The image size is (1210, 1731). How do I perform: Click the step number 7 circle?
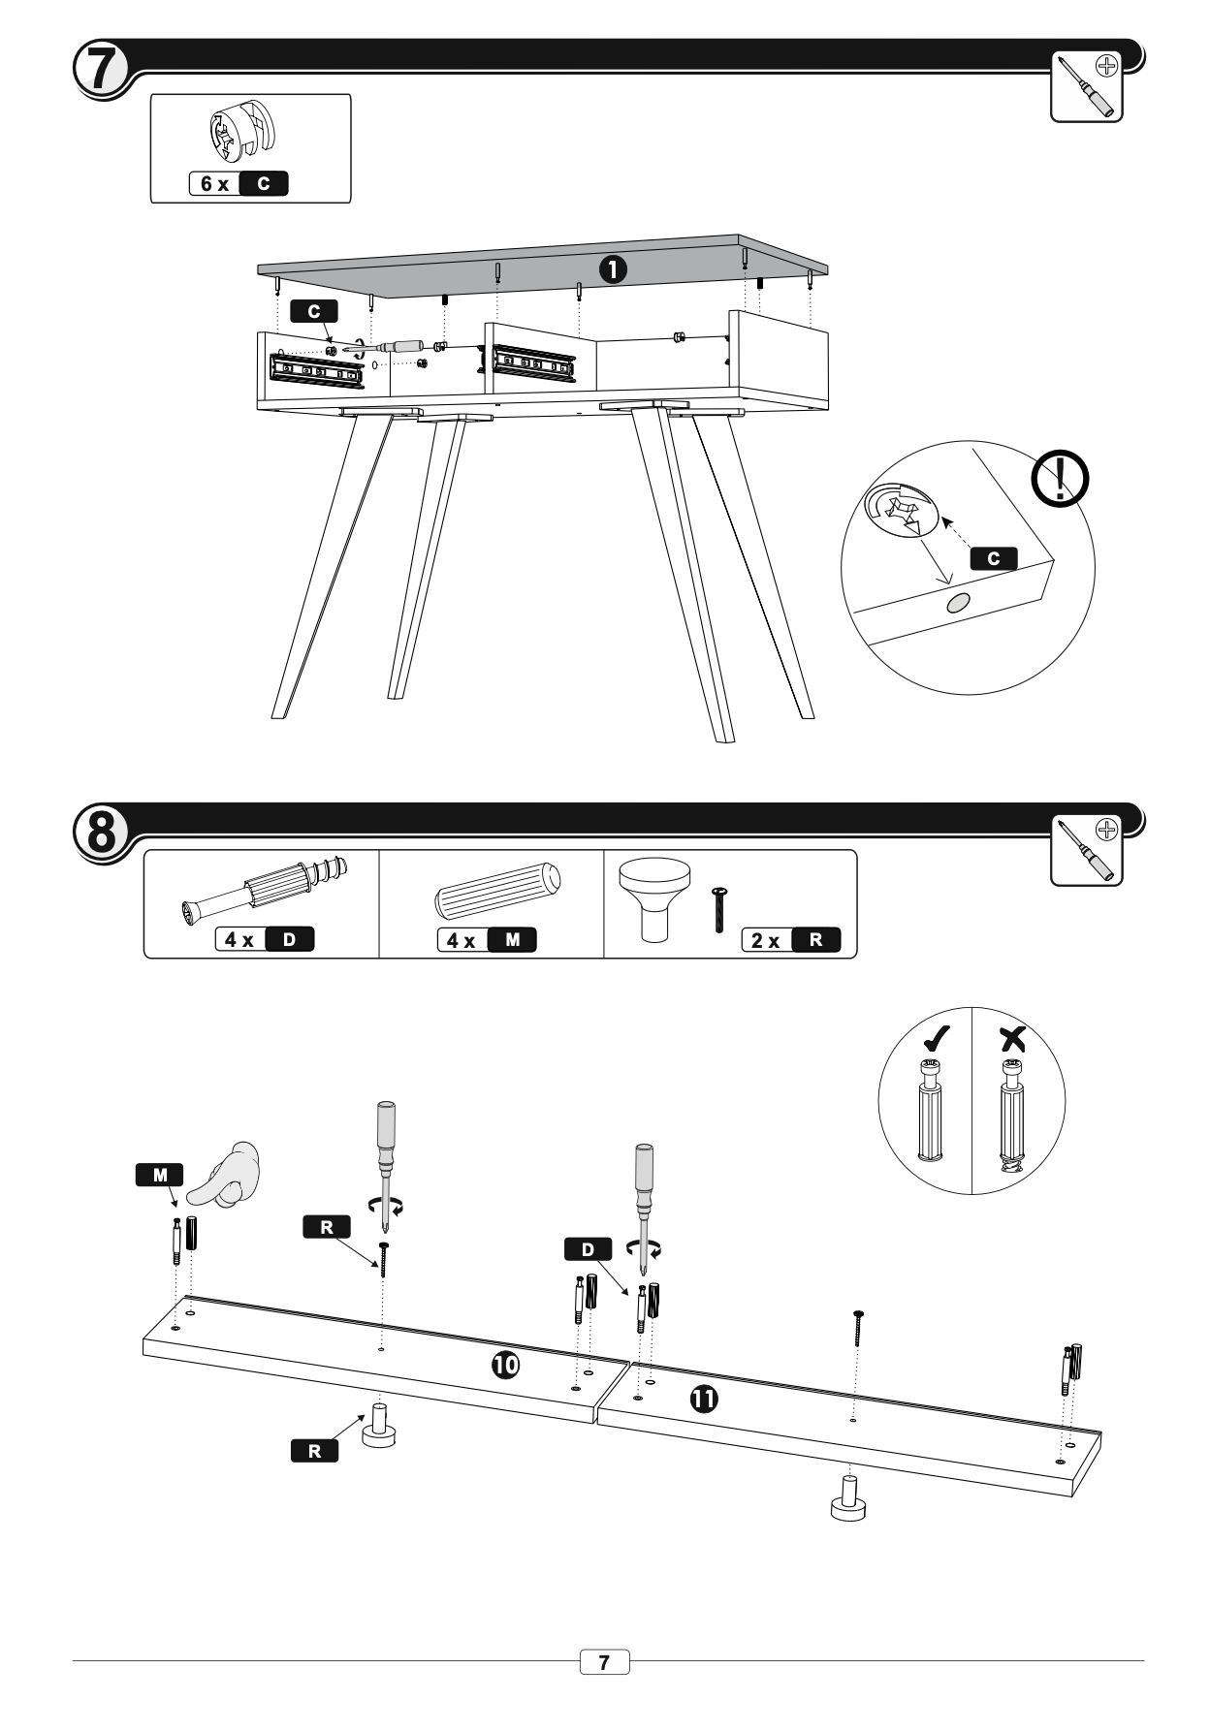pos(100,68)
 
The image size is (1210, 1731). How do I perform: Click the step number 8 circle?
pos(101,832)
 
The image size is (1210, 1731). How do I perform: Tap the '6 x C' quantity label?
pos(239,183)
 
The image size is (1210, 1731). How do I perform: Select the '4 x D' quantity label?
pos(265,939)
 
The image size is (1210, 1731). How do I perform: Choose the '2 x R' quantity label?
pos(790,939)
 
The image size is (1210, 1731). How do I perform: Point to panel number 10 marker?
pos(504,1365)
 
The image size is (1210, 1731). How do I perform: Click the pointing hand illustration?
pos(227,1174)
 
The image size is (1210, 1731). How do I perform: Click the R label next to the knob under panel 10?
pos(314,1451)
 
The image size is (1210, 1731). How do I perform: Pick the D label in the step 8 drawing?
pos(588,1249)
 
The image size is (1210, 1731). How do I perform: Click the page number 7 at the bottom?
pos(604,1662)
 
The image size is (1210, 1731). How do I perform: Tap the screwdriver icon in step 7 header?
pos(1086,85)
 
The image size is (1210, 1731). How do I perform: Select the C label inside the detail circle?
pos(993,558)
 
